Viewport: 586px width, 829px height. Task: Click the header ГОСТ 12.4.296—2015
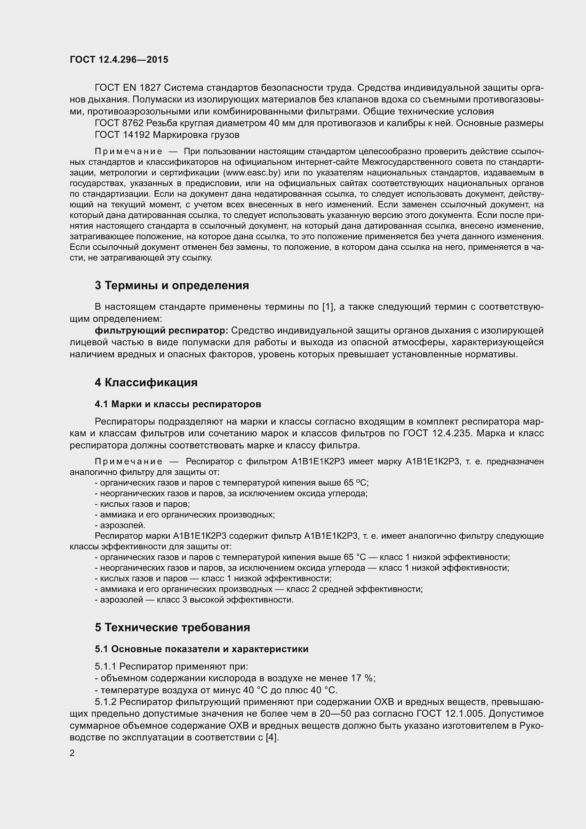point(119,60)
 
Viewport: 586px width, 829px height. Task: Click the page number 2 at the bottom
point(72,753)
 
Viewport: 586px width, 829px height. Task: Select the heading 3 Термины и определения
point(172,285)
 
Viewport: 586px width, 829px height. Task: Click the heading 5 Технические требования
point(173,627)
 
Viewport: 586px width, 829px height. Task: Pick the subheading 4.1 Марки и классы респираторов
point(178,404)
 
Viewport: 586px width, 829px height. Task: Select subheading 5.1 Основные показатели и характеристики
point(201,649)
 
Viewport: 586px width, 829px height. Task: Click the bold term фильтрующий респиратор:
point(161,330)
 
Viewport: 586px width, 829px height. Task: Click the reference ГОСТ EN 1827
point(129,88)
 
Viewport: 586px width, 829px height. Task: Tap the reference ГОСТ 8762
point(119,123)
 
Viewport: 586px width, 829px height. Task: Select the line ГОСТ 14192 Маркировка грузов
point(167,135)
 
